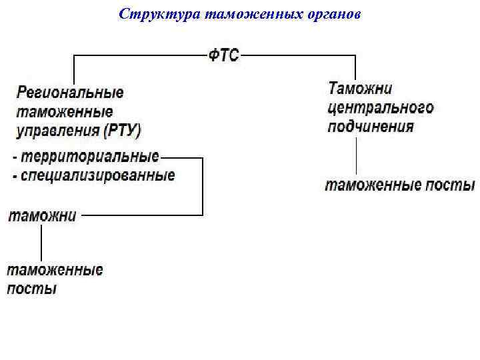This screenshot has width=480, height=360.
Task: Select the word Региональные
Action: pos(70,93)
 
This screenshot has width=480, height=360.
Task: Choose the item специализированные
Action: pos(97,175)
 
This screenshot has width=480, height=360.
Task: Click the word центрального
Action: pos(381,107)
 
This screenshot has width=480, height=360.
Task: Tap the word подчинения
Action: pos(371,126)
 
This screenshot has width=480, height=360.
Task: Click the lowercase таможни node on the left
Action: pos(41,215)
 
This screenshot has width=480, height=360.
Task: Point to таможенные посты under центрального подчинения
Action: pos(400,185)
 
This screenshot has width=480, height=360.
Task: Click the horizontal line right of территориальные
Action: pos(181,158)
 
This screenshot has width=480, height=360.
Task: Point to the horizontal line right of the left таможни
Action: pos(140,215)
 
